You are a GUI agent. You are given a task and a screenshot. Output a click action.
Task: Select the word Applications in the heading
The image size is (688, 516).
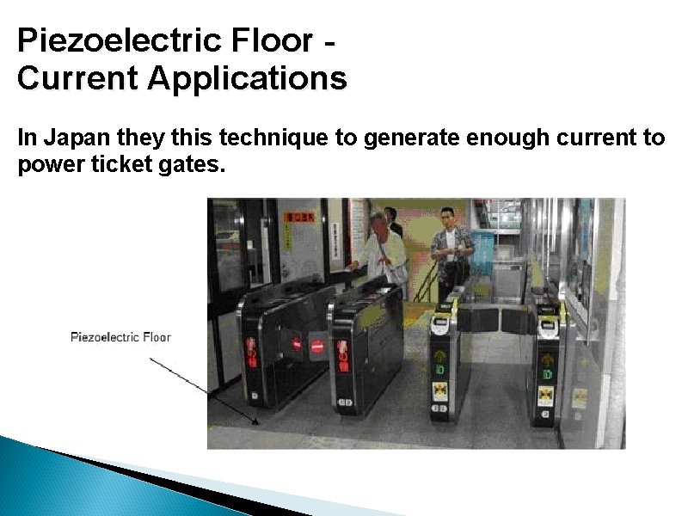(x=247, y=78)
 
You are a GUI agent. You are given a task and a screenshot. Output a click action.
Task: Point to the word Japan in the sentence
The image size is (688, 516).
(x=71, y=138)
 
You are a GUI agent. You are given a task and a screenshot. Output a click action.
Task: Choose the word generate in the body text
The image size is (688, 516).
(x=404, y=138)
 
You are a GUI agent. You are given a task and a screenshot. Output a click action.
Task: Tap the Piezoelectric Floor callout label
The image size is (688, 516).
(x=120, y=336)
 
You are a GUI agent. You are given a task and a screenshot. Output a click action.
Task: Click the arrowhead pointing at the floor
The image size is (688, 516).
(x=255, y=421)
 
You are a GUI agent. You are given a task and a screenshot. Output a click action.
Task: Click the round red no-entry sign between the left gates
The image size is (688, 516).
(x=316, y=346)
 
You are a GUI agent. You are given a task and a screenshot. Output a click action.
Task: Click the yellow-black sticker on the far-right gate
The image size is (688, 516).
(x=545, y=396)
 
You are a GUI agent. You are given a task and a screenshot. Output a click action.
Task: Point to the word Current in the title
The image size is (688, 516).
(x=77, y=78)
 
